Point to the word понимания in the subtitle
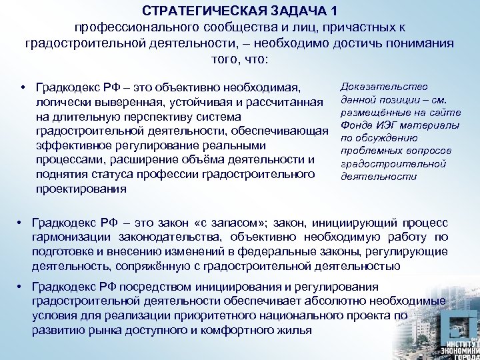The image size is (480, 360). click(411, 43)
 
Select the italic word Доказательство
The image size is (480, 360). click(383, 87)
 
